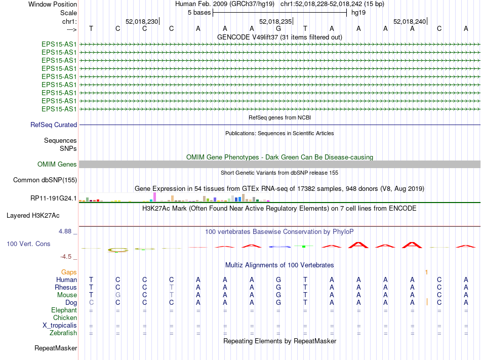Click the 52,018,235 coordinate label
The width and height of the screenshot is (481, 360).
(275, 21)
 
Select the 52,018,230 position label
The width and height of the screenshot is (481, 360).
(142, 21)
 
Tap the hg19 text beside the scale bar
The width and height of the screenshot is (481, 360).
(358, 13)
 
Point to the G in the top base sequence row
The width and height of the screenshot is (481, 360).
(278, 28)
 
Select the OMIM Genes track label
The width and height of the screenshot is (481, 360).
(57, 164)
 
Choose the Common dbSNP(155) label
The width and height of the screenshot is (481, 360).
(45, 180)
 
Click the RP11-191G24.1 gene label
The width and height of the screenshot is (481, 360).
(54, 198)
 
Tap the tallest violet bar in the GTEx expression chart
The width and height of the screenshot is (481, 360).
(154, 196)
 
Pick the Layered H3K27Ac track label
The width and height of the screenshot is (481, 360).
(33, 215)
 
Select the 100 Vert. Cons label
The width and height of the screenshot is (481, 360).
(28, 244)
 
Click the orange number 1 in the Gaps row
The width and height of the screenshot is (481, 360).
(426, 272)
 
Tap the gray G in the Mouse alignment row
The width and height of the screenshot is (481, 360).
(117, 295)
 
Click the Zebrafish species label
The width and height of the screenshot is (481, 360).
(63, 333)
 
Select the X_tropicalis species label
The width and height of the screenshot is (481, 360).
(59, 325)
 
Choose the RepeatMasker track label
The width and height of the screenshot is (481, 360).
(56, 348)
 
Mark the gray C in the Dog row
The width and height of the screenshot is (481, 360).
(91, 302)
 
